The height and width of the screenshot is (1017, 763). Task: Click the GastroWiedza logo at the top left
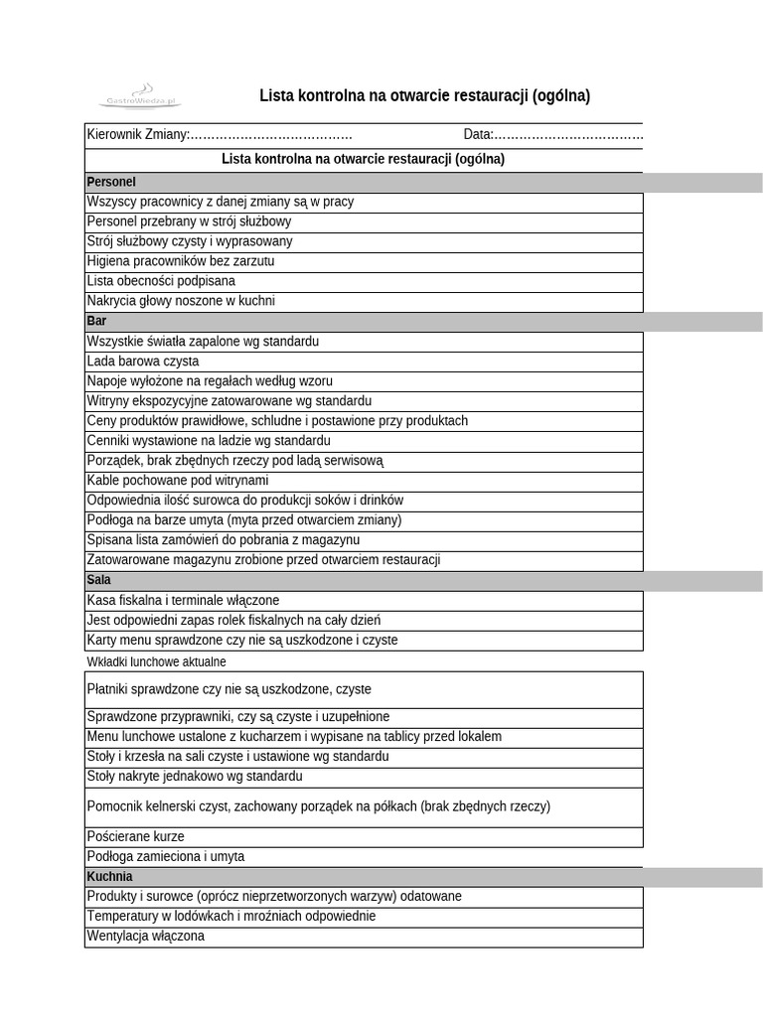140,96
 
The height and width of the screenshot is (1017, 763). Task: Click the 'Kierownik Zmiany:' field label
137,135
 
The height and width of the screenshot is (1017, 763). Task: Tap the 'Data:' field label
478,135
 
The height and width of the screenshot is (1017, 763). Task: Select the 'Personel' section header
111,183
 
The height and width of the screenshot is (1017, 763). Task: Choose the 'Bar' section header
96,322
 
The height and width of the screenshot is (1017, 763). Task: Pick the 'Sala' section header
98,580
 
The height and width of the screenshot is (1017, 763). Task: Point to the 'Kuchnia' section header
109,877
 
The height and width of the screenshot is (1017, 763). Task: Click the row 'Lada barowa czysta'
143,362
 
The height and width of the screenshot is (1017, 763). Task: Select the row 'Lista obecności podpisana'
161,281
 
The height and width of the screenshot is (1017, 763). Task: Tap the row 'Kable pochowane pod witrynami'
178,481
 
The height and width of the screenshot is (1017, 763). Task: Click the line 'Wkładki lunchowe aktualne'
156,662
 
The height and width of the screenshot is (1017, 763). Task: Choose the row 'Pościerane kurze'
135,837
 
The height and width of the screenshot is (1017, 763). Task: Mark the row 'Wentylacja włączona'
145,937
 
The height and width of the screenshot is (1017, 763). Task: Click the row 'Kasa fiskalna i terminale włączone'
183,601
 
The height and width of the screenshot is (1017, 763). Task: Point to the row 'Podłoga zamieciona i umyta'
165,857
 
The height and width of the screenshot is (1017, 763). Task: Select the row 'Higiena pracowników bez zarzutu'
181,261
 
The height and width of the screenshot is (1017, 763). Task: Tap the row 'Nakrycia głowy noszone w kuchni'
181,301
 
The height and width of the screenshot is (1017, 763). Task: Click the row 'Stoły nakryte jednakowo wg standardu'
195,777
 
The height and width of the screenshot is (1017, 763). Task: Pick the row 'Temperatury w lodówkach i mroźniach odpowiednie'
231,917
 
